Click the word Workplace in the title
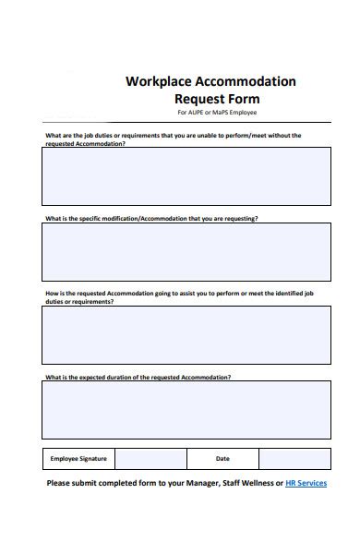tap(158, 81)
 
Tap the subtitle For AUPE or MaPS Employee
tap(217, 113)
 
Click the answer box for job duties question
tap(186, 175)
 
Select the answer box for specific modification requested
tap(186, 252)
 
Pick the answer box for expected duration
tap(186, 411)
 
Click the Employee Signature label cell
tap(78, 459)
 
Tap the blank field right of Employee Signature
tap(150, 459)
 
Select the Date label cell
tap(222, 459)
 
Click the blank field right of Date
tap(294, 459)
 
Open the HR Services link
tap(306, 483)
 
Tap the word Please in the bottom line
tap(59, 483)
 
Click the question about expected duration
tap(138, 377)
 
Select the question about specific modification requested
tap(151, 219)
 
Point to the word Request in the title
tap(199, 99)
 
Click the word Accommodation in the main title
tap(245, 81)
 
